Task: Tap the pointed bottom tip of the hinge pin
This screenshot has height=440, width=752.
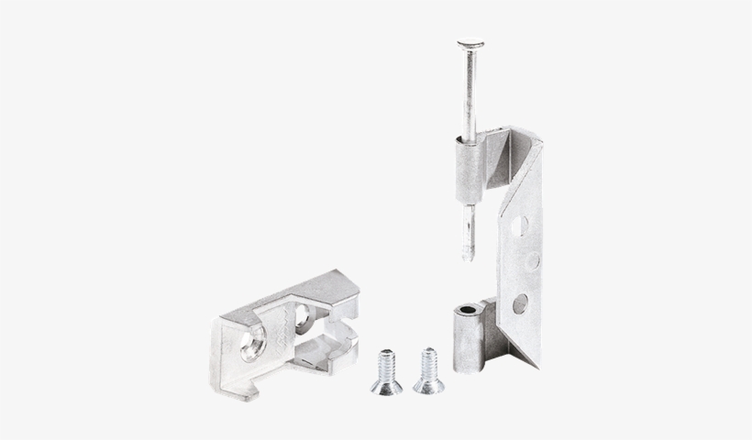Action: (468, 256)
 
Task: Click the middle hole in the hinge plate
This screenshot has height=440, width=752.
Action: (532, 261)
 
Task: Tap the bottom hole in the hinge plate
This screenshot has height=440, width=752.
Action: (520, 303)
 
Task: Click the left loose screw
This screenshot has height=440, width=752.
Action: (386, 370)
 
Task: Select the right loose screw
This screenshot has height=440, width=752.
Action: (428, 370)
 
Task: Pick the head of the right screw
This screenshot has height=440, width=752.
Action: (428, 385)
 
